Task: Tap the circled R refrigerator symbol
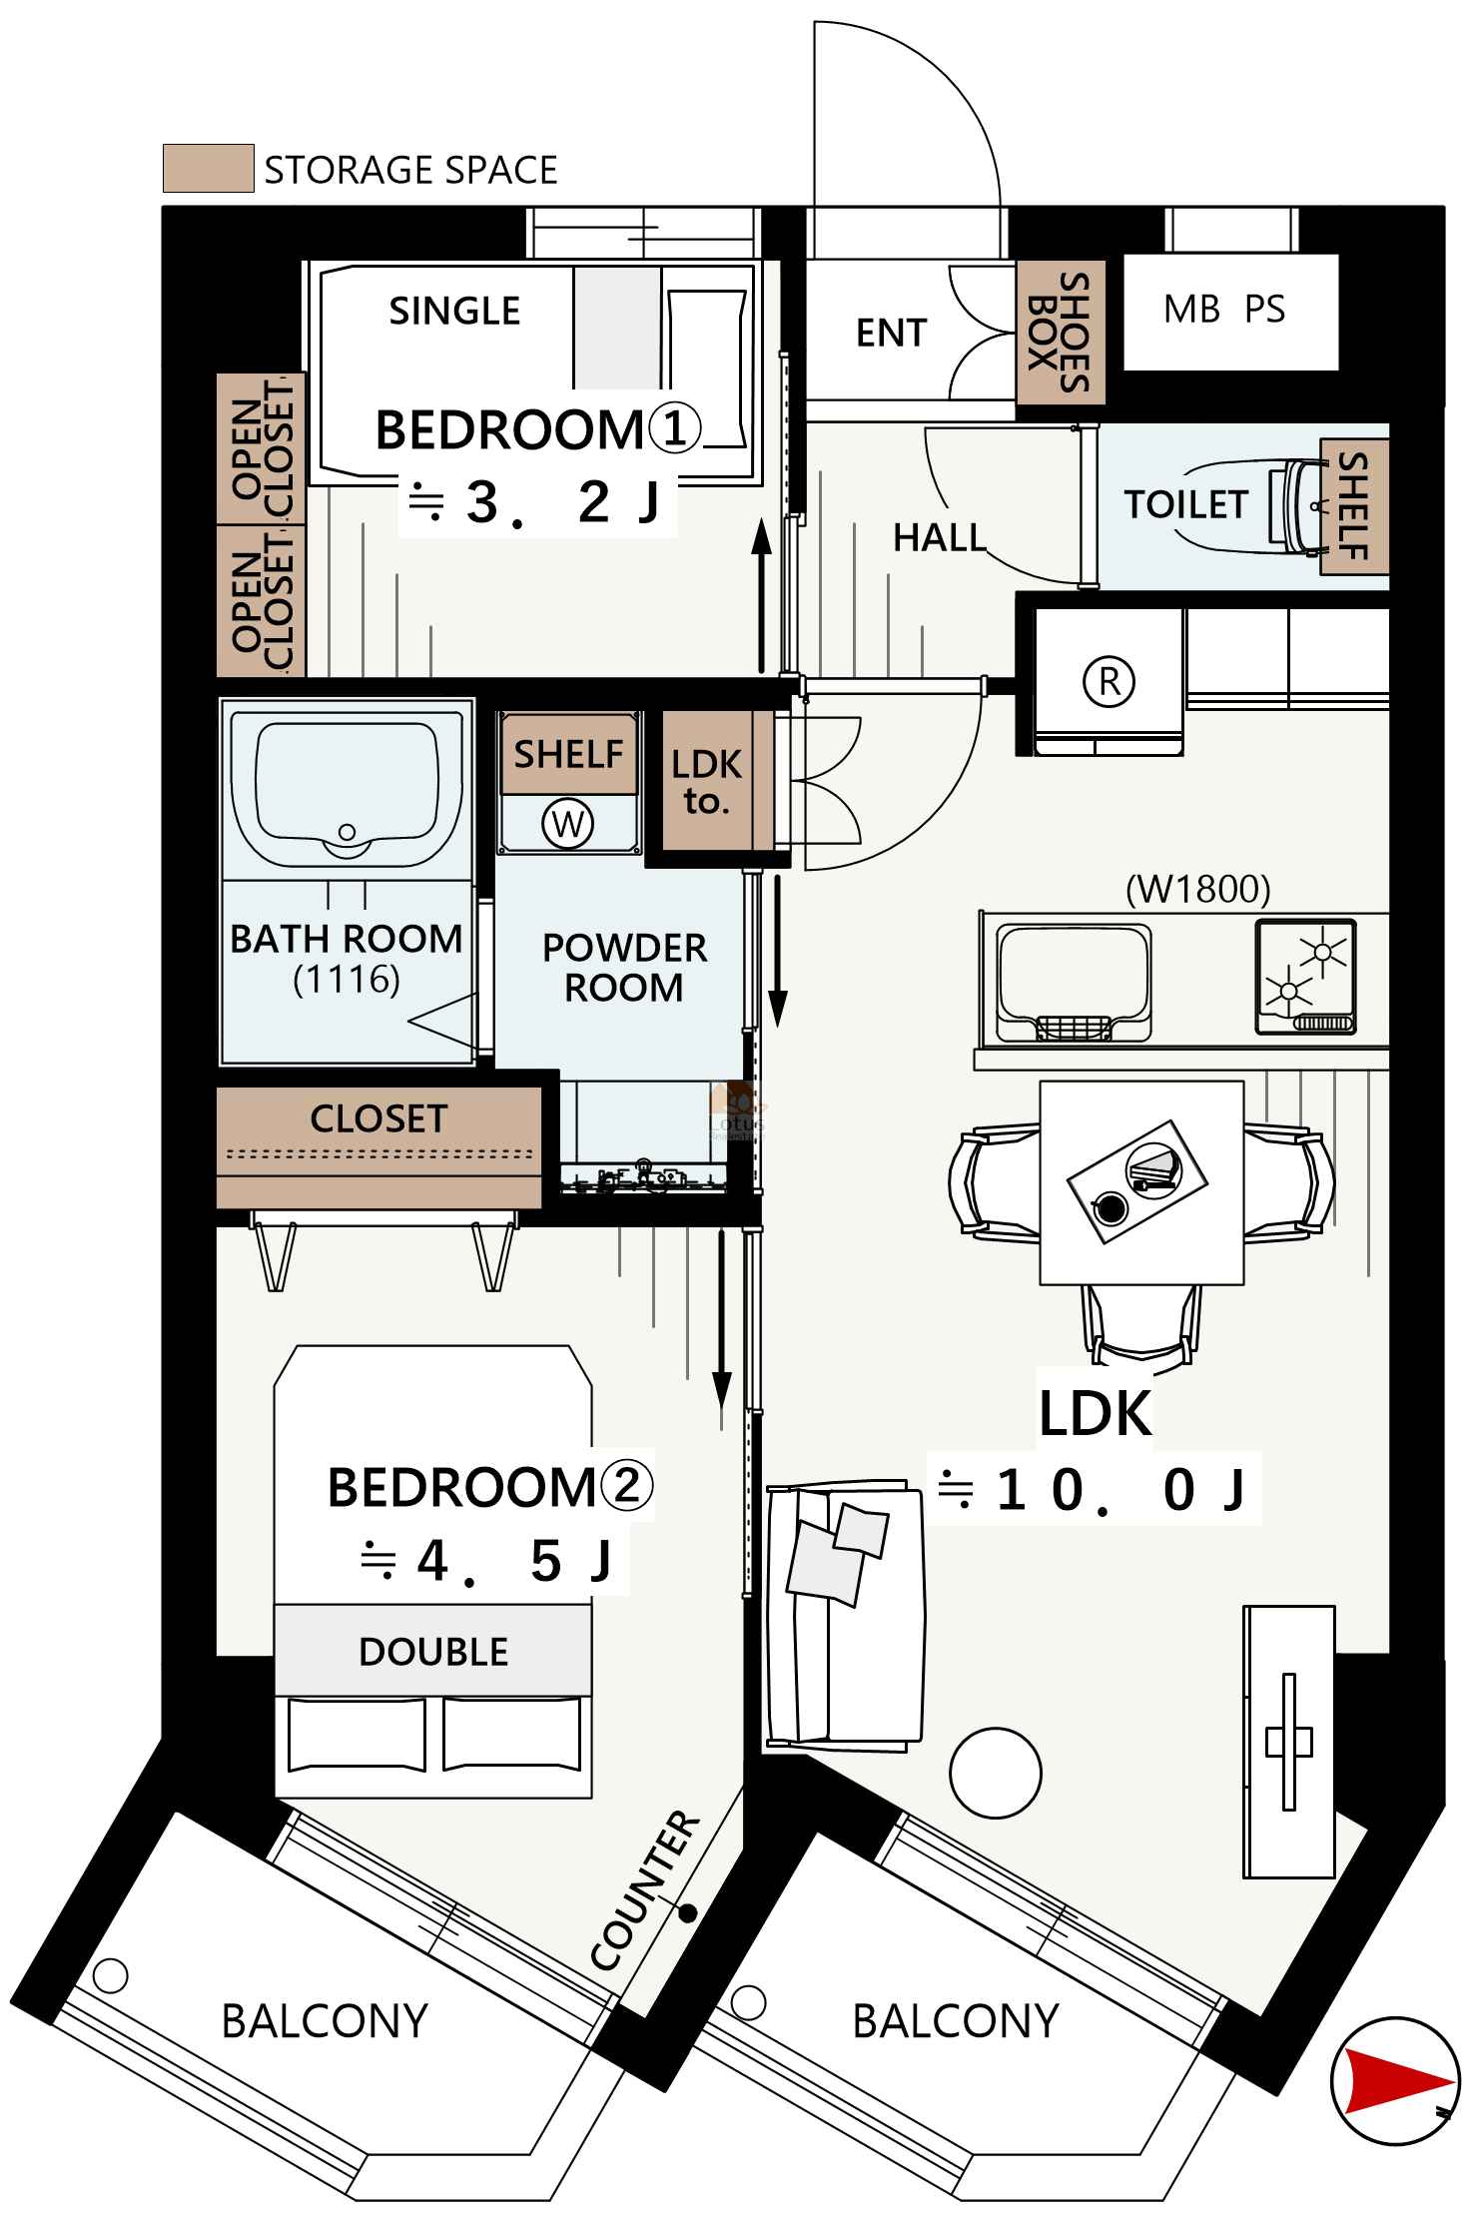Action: pyautogui.click(x=1108, y=682)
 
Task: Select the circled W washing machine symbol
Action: pyautogui.click(x=567, y=824)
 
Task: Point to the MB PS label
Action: pyautogui.click(x=1224, y=310)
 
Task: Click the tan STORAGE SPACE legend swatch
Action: pyautogui.click(x=208, y=168)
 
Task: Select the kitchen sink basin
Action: pyautogui.click(x=1074, y=983)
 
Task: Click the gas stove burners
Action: pyautogui.click(x=1306, y=976)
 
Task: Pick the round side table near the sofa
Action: pyautogui.click(x=996, y=1774)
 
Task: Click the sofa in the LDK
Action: pyautogui.click(x=844, y=1618)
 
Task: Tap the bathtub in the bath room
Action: pyautogui.click(x=347, y=790)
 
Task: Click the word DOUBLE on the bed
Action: pyautogui.click(x=433, y=1652)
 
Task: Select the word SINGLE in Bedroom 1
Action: pyautogui.click(x=454, y=311)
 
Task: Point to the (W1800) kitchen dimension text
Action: pyautogui.click(x=1197, y=889)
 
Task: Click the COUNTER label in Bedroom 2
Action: pyautogui.click(x=645, y=1889)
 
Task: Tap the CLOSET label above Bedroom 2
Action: pyautogui.click(x=378, y=1118)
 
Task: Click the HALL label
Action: pyautogui.click(x=939, y=537)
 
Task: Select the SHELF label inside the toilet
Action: pyautogui.click(x=1353, y=505)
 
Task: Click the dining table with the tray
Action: pyautogui.click(x=1141, y=1182)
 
